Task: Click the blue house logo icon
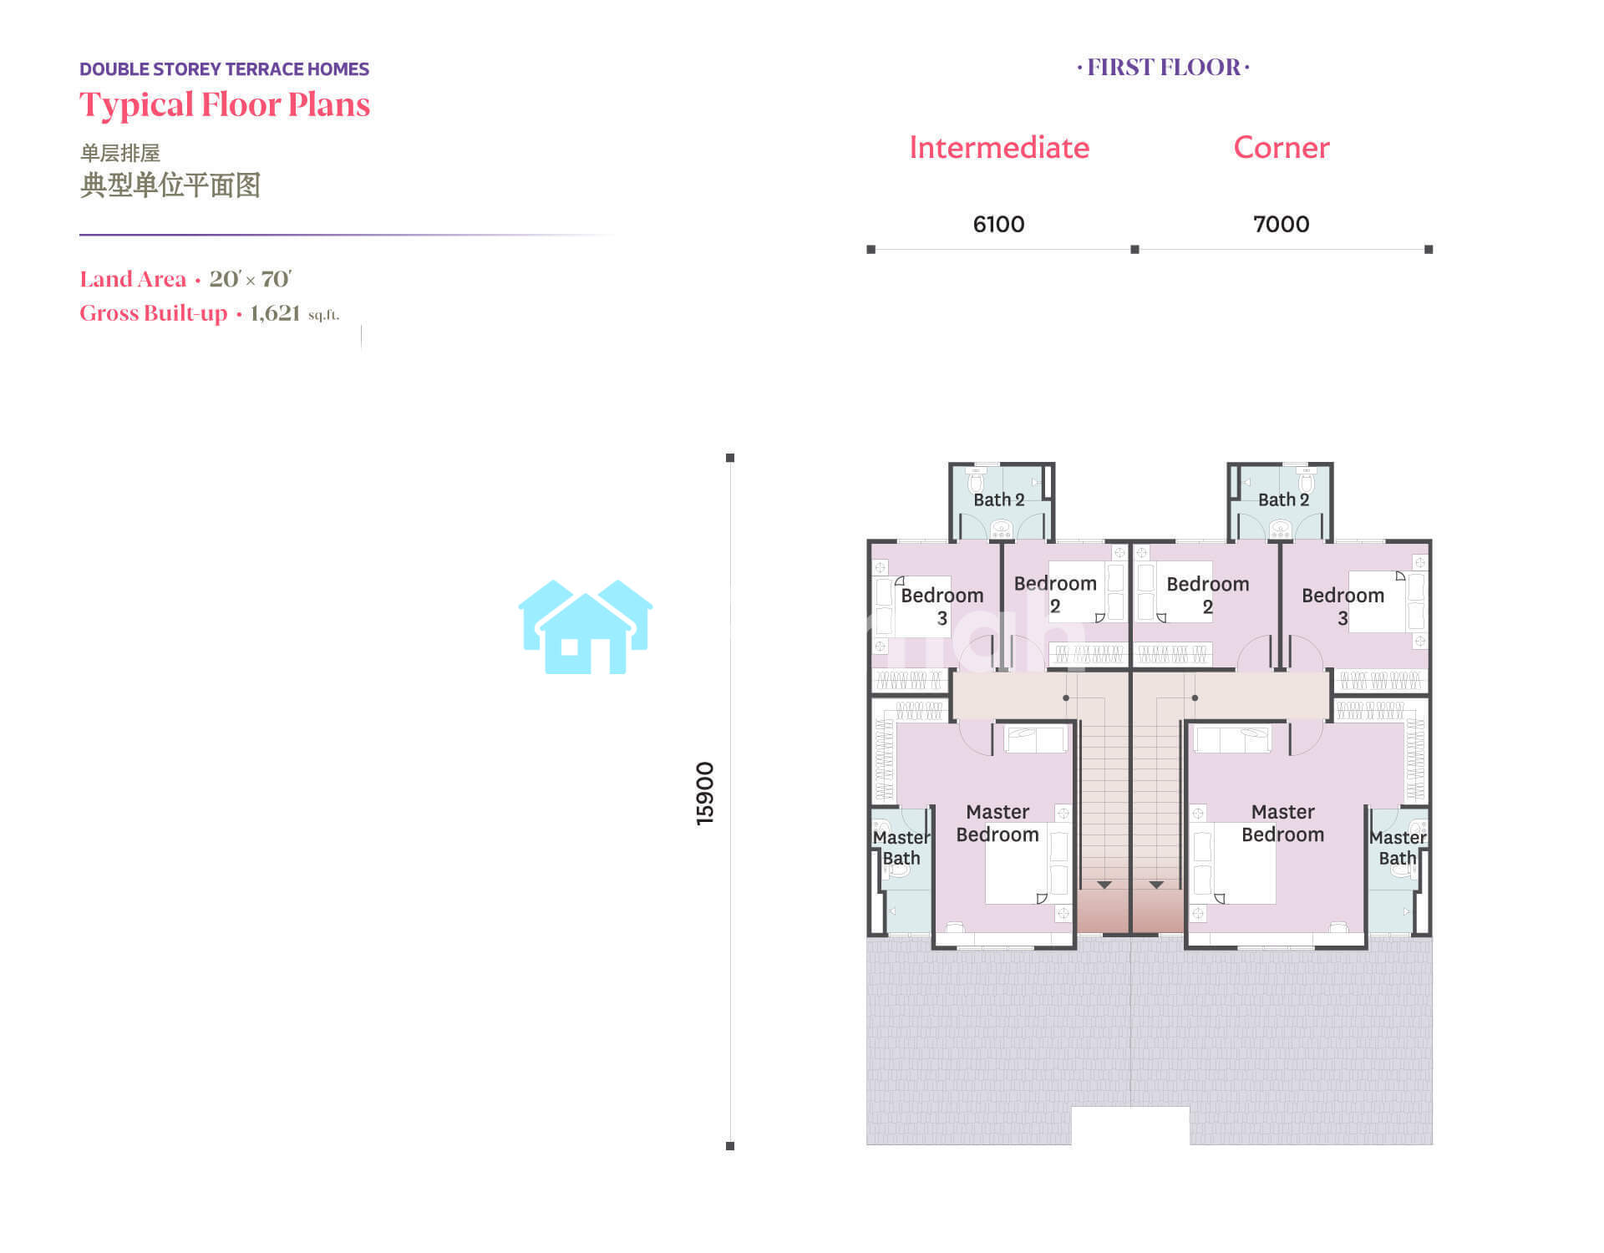tap(586, 626)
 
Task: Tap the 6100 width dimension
tap(998, 224)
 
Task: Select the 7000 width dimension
tap(1281, 224)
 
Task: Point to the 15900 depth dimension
tap(705, 794)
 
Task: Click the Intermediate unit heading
tap(999, 148)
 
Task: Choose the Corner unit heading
tap(1282, 148)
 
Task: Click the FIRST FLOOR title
tap(1163, 68)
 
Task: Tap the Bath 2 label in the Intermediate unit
tap(998, 500)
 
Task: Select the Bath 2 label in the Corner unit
tap(1283, 500)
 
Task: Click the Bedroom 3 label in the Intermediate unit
tap(942, 606)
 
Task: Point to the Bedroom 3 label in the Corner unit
tap(1343, 606)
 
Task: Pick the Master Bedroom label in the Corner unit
tap(1282, 823)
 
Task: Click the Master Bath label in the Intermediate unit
tap(901, 848)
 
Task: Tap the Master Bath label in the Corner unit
tap(1398, 848)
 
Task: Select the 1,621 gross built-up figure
tap(275, 313)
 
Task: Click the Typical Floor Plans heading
tap(225, 105)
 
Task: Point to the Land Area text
tap(133, 279)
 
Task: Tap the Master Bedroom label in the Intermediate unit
tap(997, 823)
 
